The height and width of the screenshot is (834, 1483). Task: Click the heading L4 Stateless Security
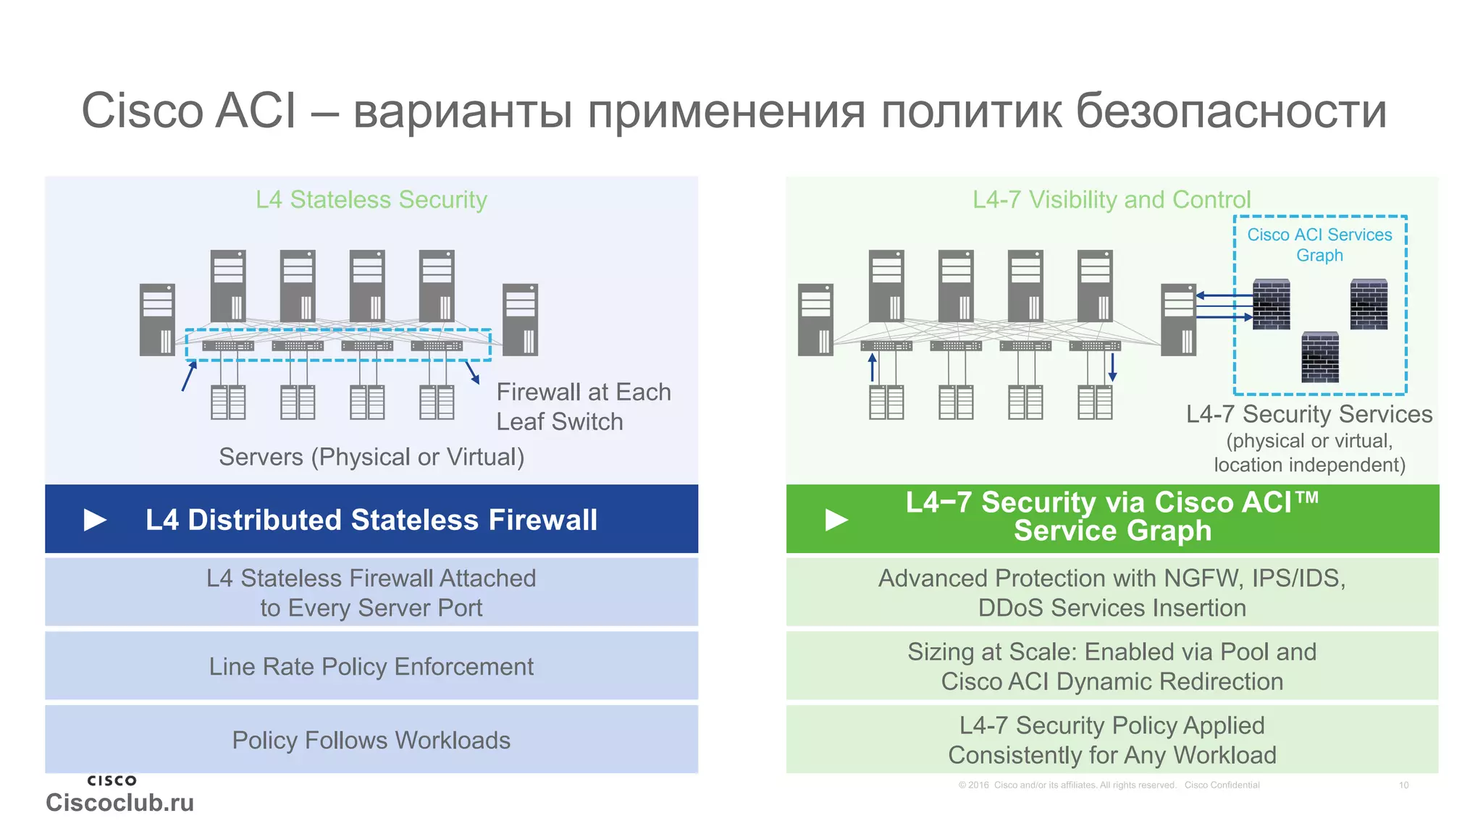(x=371, y=200)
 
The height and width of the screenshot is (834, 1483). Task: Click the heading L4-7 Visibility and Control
(x=1112, y=200)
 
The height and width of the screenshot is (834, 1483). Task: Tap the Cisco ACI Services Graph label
(x=1319, y=245)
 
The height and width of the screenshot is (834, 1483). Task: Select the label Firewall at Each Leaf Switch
(x=583, y=406)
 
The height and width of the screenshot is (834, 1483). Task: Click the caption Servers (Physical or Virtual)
(x=371, y=457)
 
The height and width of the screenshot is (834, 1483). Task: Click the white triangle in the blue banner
(x=95, y=520)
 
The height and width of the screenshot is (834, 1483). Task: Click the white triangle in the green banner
(x=836, y=520)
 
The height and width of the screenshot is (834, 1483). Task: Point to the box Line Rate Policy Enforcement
(x=371, y=666)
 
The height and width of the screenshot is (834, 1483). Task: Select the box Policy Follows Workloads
(x=371, y=740)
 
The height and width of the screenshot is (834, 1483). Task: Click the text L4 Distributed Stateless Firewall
(x=371, y=520)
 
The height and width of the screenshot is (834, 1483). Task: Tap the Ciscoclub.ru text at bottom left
(x=119, y=802)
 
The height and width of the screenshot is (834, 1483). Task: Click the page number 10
(x=1403, y=785)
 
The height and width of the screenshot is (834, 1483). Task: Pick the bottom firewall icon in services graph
(x=1320, y=358)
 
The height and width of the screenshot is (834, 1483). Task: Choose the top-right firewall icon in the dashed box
(x=1369, y=305)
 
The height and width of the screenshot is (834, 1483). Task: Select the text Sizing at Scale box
(x=1112, y=666)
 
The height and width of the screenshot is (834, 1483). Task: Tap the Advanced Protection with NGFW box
(x=1112, y=592)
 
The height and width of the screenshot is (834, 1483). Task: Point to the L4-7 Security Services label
(x=1309, y=414)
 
